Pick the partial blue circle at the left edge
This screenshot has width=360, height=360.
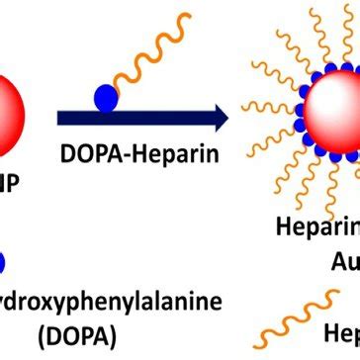pyautogui.click(x=4, y=261)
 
